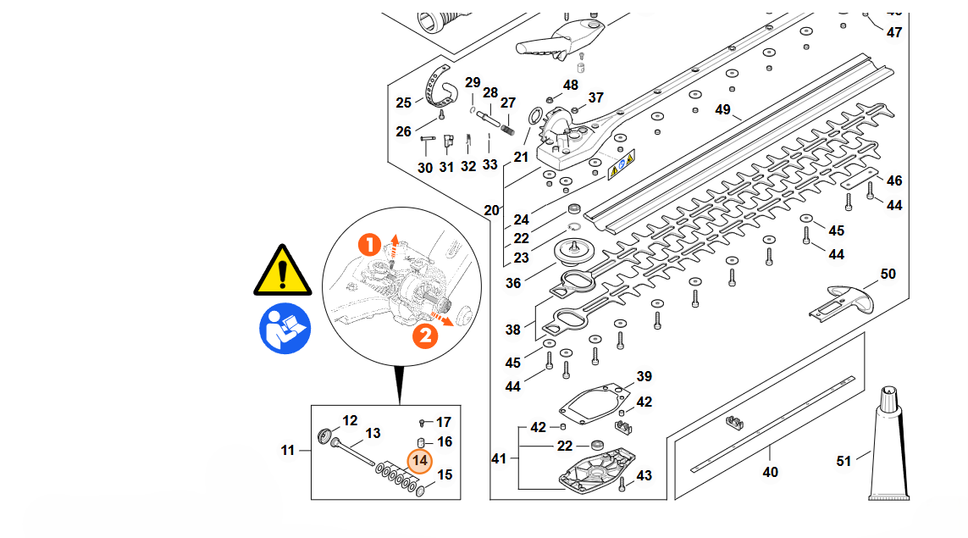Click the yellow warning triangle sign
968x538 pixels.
(x=284, y=271)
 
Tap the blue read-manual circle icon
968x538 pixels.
(x=285, y=329)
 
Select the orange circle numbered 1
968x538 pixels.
(x=369, y=246)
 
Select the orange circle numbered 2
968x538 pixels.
(x=425, y=336)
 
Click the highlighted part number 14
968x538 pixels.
(x=420, y=461)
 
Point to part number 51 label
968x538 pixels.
(x=844, y=461)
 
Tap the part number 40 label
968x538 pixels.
(x=770, y=471)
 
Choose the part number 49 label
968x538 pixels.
(x=722, y=109)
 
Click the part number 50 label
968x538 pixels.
(x=888, y=274)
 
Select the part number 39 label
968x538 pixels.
(x=644, y=376)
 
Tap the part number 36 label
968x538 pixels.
(x=513, y=283)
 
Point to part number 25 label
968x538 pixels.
(x=404, y=103)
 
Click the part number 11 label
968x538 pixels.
(x=288, y=450)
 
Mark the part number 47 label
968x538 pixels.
(x=894, y=32)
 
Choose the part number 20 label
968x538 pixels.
(x=491, y=210)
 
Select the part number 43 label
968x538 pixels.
(x=644, y=476)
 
